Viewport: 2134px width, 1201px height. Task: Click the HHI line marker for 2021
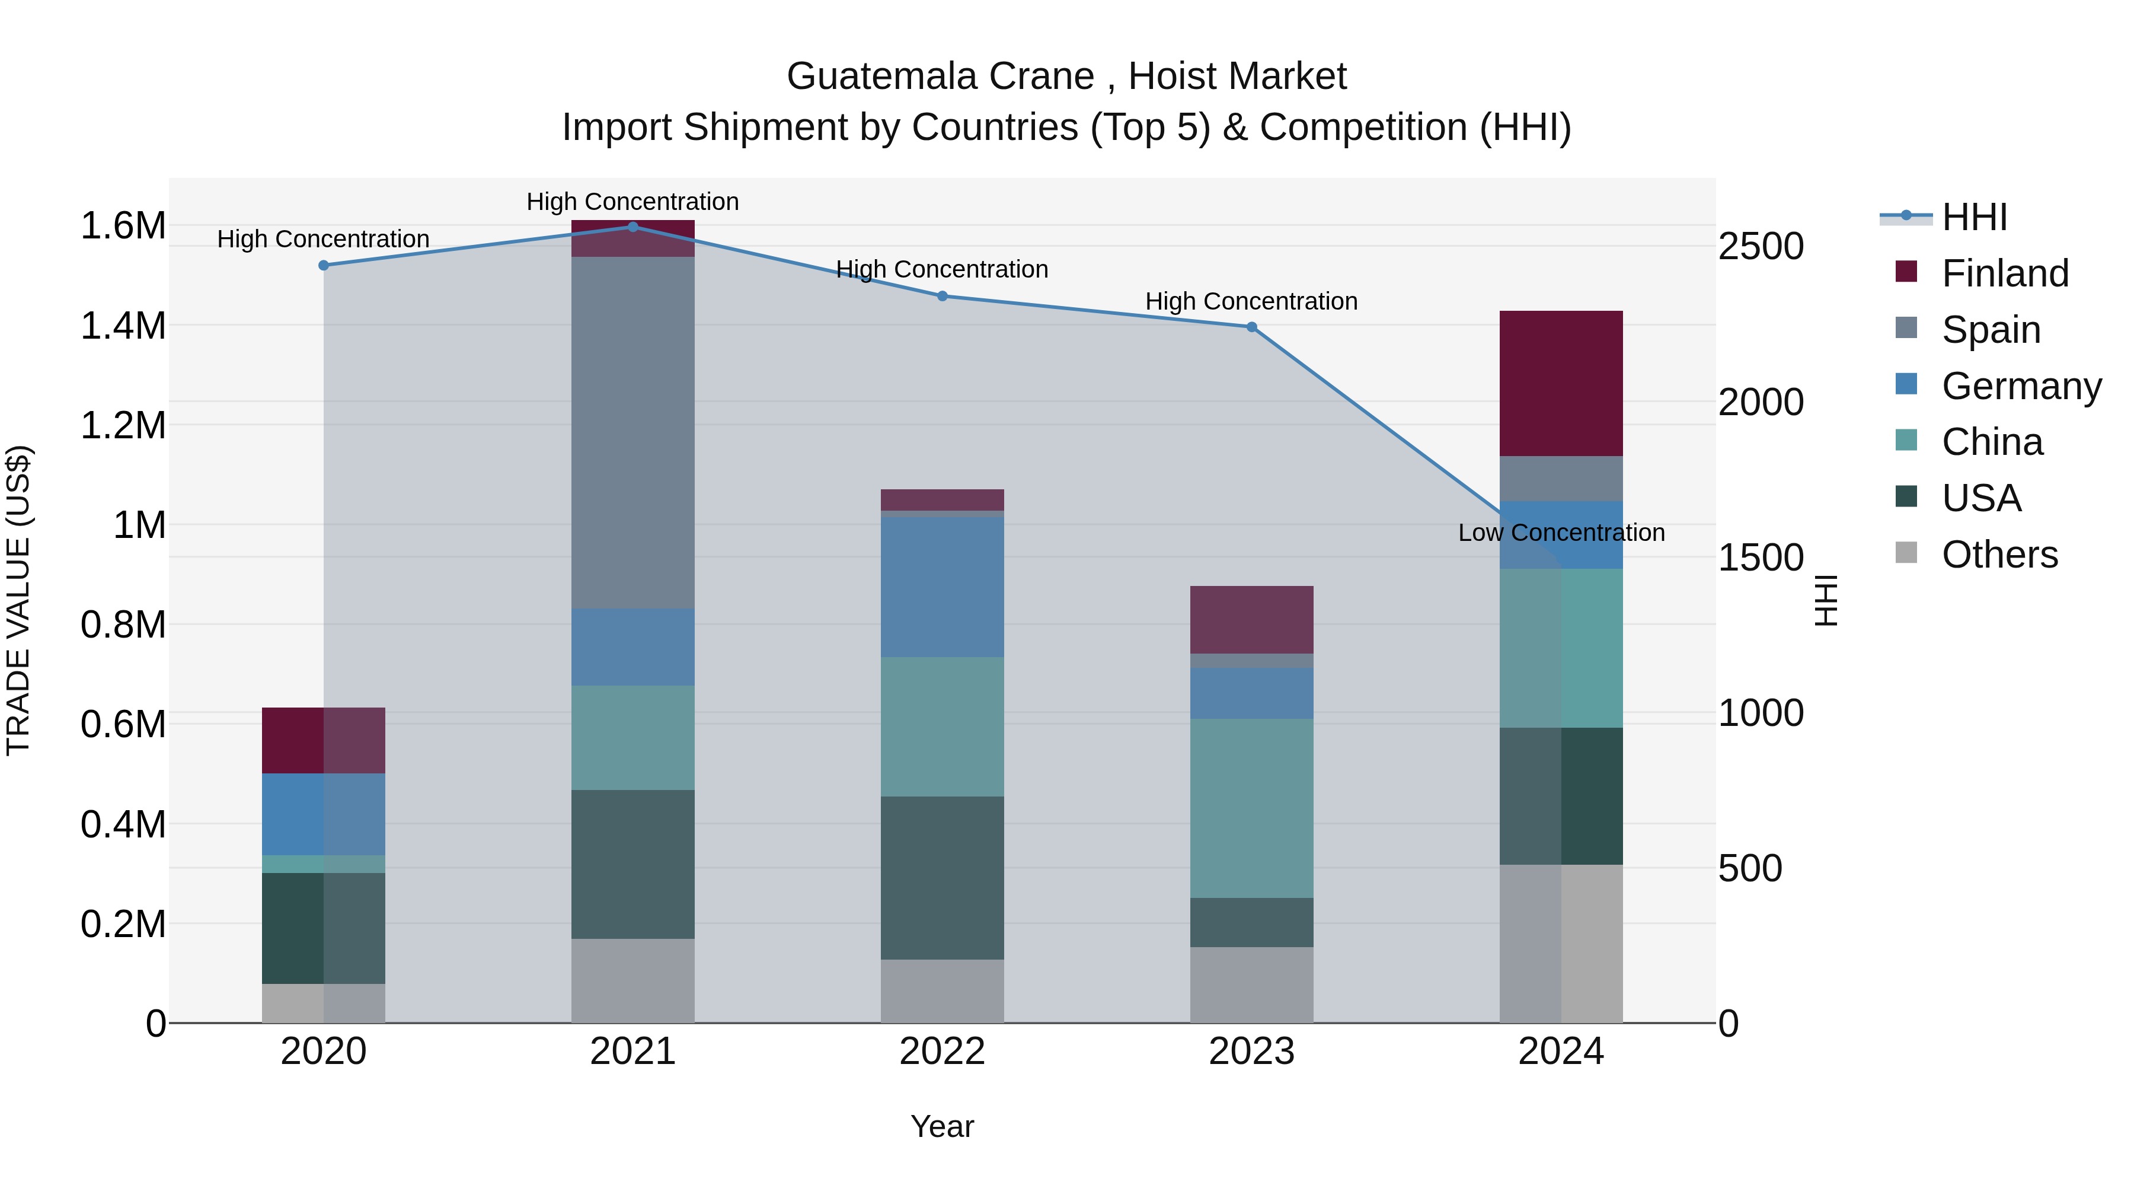pyautogui.click(x=633, y=227)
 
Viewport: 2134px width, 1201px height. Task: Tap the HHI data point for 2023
pyautogui.click(x=1252, y=327)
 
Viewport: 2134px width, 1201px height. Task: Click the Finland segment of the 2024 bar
pyautogui.click(x=1561, y=383)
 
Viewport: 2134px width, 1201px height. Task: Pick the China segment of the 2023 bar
pyautogui.click(x=1252, y=808)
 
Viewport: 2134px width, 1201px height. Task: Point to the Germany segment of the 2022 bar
pyautogui.click(x=942, y=587)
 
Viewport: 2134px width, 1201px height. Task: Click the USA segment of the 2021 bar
pyautogui.click(x=633, y=864)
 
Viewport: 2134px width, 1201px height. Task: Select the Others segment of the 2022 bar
pyautogui.click(x=942, y=990)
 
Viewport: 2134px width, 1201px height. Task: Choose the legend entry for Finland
pyautogui.click(x=2005, y=273)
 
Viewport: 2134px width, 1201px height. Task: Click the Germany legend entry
pyautogui.click(x=2021, y=386)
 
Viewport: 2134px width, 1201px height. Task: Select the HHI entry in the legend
pyautogui.click(x=1974, y=217)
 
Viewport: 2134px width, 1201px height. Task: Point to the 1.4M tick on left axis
pyautogui.click(x=123, y=326)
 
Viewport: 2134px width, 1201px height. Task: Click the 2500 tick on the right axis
pyautogui.click(x=1761, y=246)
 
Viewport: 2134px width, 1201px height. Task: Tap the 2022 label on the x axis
pyautogui.click(x=942, y=1052)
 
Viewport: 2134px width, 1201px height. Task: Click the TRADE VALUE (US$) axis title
pyautogui.click(x=18, y=600)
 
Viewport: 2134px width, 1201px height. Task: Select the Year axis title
pyautogui.click(x=942, y=1126)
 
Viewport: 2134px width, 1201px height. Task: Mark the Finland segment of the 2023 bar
pyautogui.click(x=1252, y=619)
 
